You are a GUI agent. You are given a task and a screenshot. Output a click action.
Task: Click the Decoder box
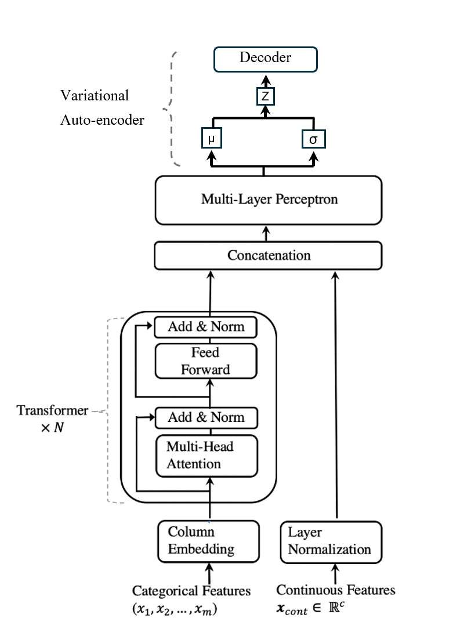(266, 58)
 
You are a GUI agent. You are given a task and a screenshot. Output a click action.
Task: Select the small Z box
(266, 96)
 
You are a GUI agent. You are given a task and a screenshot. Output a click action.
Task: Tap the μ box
(212, 139)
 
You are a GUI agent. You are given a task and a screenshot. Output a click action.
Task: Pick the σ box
(314, 139)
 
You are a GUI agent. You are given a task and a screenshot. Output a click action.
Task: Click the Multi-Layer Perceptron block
(268, 200)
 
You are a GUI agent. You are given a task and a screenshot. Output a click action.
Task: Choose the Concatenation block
(268, 255)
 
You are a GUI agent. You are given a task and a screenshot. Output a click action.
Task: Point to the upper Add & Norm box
(206, 327)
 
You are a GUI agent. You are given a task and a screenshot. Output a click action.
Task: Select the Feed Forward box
(206, 361)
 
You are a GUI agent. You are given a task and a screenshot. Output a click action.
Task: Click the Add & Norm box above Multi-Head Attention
(206, 417)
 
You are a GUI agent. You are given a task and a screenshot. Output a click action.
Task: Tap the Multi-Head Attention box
(206, 456)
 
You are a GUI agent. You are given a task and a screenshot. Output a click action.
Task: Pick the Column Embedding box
(208, 541)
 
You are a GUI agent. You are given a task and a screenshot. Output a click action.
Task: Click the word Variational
(95, 95)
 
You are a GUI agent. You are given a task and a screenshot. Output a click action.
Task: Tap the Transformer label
(52, 411)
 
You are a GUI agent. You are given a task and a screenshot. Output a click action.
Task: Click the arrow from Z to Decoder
(266, 80)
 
